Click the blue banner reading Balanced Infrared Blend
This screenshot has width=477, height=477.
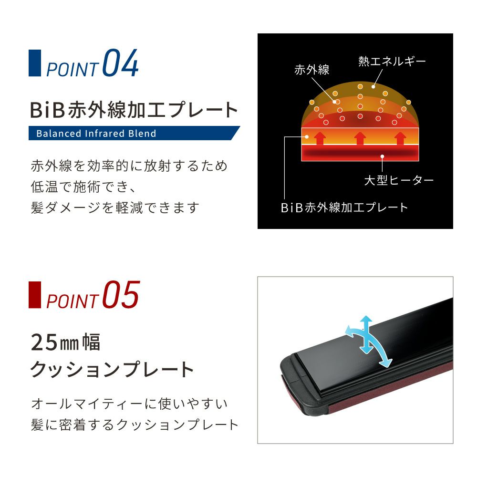pos(134,133)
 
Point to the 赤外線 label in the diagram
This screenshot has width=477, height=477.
pos(312,70)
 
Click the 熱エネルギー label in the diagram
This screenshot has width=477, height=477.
pos(392,61)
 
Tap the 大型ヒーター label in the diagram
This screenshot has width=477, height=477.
pos(399,180)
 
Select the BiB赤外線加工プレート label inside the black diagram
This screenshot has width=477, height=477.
pos(344,207)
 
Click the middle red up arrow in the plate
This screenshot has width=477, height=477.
pos(360,138)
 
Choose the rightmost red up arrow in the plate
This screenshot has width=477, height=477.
pos(399,138)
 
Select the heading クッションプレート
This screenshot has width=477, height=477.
pos(112,370)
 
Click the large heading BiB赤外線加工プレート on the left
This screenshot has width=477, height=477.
pos(134,110)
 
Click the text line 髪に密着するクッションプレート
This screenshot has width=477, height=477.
pos(134,425)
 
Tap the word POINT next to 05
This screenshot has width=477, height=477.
pos(72,301)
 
